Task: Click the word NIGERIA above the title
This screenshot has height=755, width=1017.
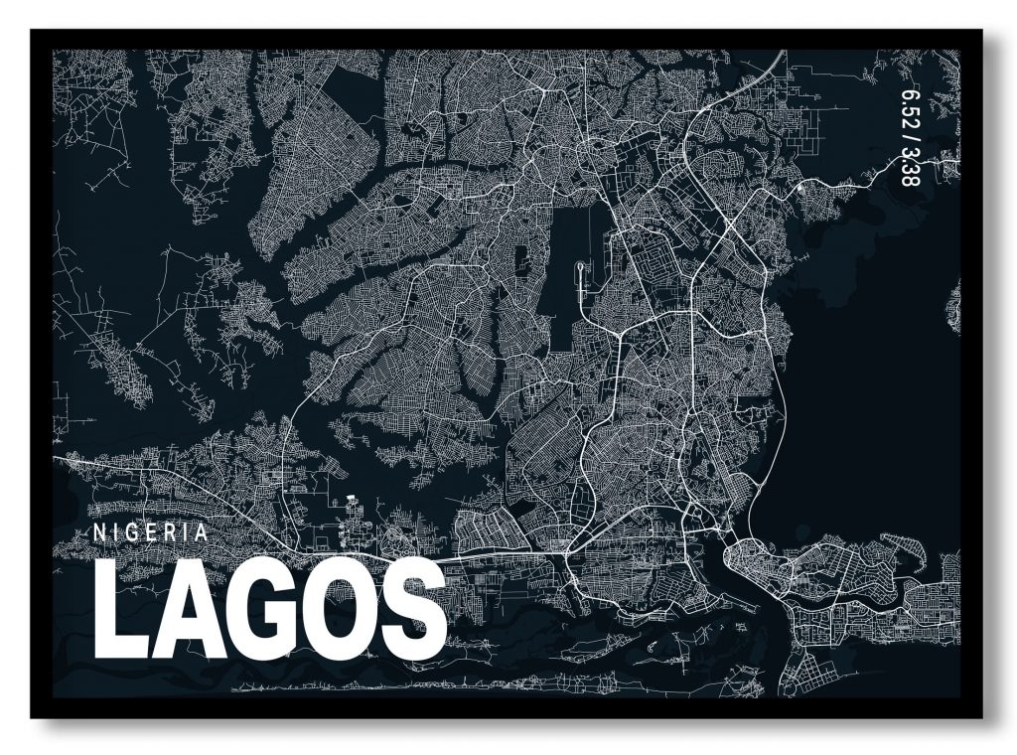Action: (151, 531)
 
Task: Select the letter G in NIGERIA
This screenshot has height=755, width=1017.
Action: (134, 531)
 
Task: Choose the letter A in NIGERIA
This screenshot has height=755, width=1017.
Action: (203, 531)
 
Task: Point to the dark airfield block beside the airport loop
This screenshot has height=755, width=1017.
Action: (562, 258)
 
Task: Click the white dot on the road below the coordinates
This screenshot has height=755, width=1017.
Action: (799, 186)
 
